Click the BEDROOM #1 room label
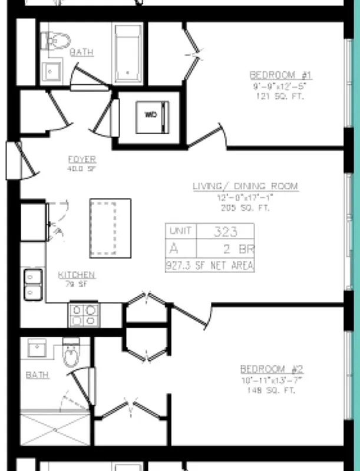(x=280, y=75)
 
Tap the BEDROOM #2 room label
(x=272, y=369)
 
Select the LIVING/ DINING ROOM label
(x=245, y=187)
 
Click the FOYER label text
(x=82, y=160)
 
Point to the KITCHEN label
(x=77, y=275)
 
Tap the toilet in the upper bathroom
(x=57, y=41)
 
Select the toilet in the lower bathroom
(x=71, y=354)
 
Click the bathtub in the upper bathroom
(x=127, y=54)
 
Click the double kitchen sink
(x=32, y=284)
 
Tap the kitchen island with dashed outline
(x=110, y=228)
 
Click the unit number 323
(x=226, y=231)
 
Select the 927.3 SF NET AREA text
(x=210, y=266)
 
